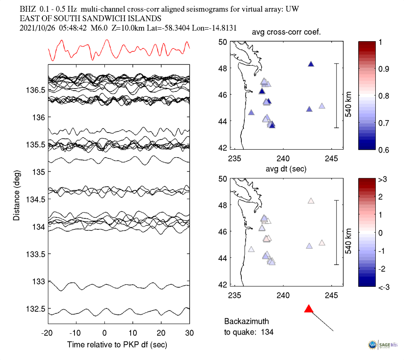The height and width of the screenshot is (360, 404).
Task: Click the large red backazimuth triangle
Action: point(308,309)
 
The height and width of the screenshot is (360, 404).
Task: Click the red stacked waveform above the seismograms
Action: point(119,50)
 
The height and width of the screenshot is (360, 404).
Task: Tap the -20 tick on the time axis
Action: point(47,333)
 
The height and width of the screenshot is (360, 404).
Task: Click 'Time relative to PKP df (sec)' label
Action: point(119,345)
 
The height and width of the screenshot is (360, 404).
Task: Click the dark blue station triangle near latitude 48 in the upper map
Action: point(310,64)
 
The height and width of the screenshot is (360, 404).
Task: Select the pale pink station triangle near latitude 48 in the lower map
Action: point(310,201)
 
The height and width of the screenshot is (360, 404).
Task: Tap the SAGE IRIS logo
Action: point(382,344)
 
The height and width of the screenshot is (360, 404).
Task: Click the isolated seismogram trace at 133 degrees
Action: point(119,286)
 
